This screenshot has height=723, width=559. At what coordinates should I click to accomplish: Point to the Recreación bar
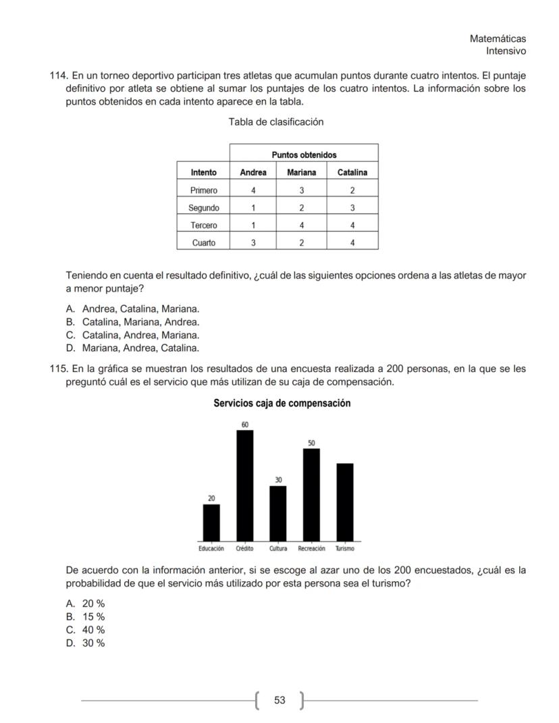click(x=311, y=494)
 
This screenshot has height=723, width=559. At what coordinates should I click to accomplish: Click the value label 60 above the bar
click(x=244, y=424)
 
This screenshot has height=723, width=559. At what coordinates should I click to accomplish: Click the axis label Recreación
click(x=311, y=549)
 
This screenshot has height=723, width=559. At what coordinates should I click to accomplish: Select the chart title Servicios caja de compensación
click(x=282, y=403)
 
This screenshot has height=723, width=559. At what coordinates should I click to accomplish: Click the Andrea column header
click(x=253, y=172)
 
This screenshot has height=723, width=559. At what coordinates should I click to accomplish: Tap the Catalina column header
click(x=352, y=172)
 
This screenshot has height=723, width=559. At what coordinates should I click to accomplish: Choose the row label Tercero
click(x=203, y=225)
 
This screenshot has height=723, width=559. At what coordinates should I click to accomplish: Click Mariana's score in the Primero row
click(x=302, y=190)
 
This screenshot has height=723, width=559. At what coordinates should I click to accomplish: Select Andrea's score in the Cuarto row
click(x=253, y=242)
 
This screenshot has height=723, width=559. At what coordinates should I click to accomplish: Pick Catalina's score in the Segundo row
click(x=352, y=208)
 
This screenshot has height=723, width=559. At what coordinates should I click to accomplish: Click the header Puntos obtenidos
click(x=304, y=155)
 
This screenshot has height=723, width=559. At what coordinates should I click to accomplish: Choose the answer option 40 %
click(x=93, y=630)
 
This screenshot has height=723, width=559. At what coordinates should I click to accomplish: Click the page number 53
click(x=279, y=700)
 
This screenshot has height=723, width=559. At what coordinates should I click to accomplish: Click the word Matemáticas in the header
click(x=498, y=39)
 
